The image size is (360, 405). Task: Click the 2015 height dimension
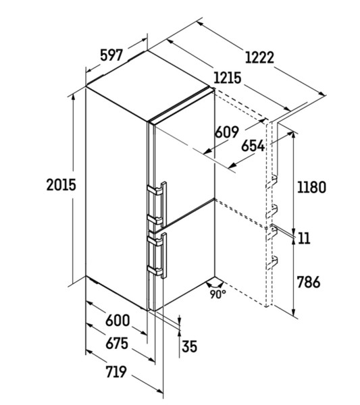tap(61, 185)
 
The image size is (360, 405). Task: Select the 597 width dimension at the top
tap(111, 55)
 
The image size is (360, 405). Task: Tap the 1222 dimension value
tap(259, 57)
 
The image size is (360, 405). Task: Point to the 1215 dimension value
tap(228, 78)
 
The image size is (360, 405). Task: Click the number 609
tap(227, 132)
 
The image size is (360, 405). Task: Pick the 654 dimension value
tap(253, 146)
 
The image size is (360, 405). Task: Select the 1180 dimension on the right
tap(311, 187)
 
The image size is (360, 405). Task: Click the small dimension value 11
tap(304, 238)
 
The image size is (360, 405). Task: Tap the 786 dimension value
tap(309, 281)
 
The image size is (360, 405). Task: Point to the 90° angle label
tap(218, 294)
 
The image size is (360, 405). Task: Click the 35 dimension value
tap(189, 346)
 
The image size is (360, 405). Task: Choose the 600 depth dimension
tap(118, 321)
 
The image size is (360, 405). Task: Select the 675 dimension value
tap(117, 344)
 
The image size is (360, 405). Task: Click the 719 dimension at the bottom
tap(116, 372)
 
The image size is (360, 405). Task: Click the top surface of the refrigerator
tap(150, 86)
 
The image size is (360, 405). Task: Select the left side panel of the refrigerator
tap(117, 199)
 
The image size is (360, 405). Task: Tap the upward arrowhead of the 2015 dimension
tap(74, 97)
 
